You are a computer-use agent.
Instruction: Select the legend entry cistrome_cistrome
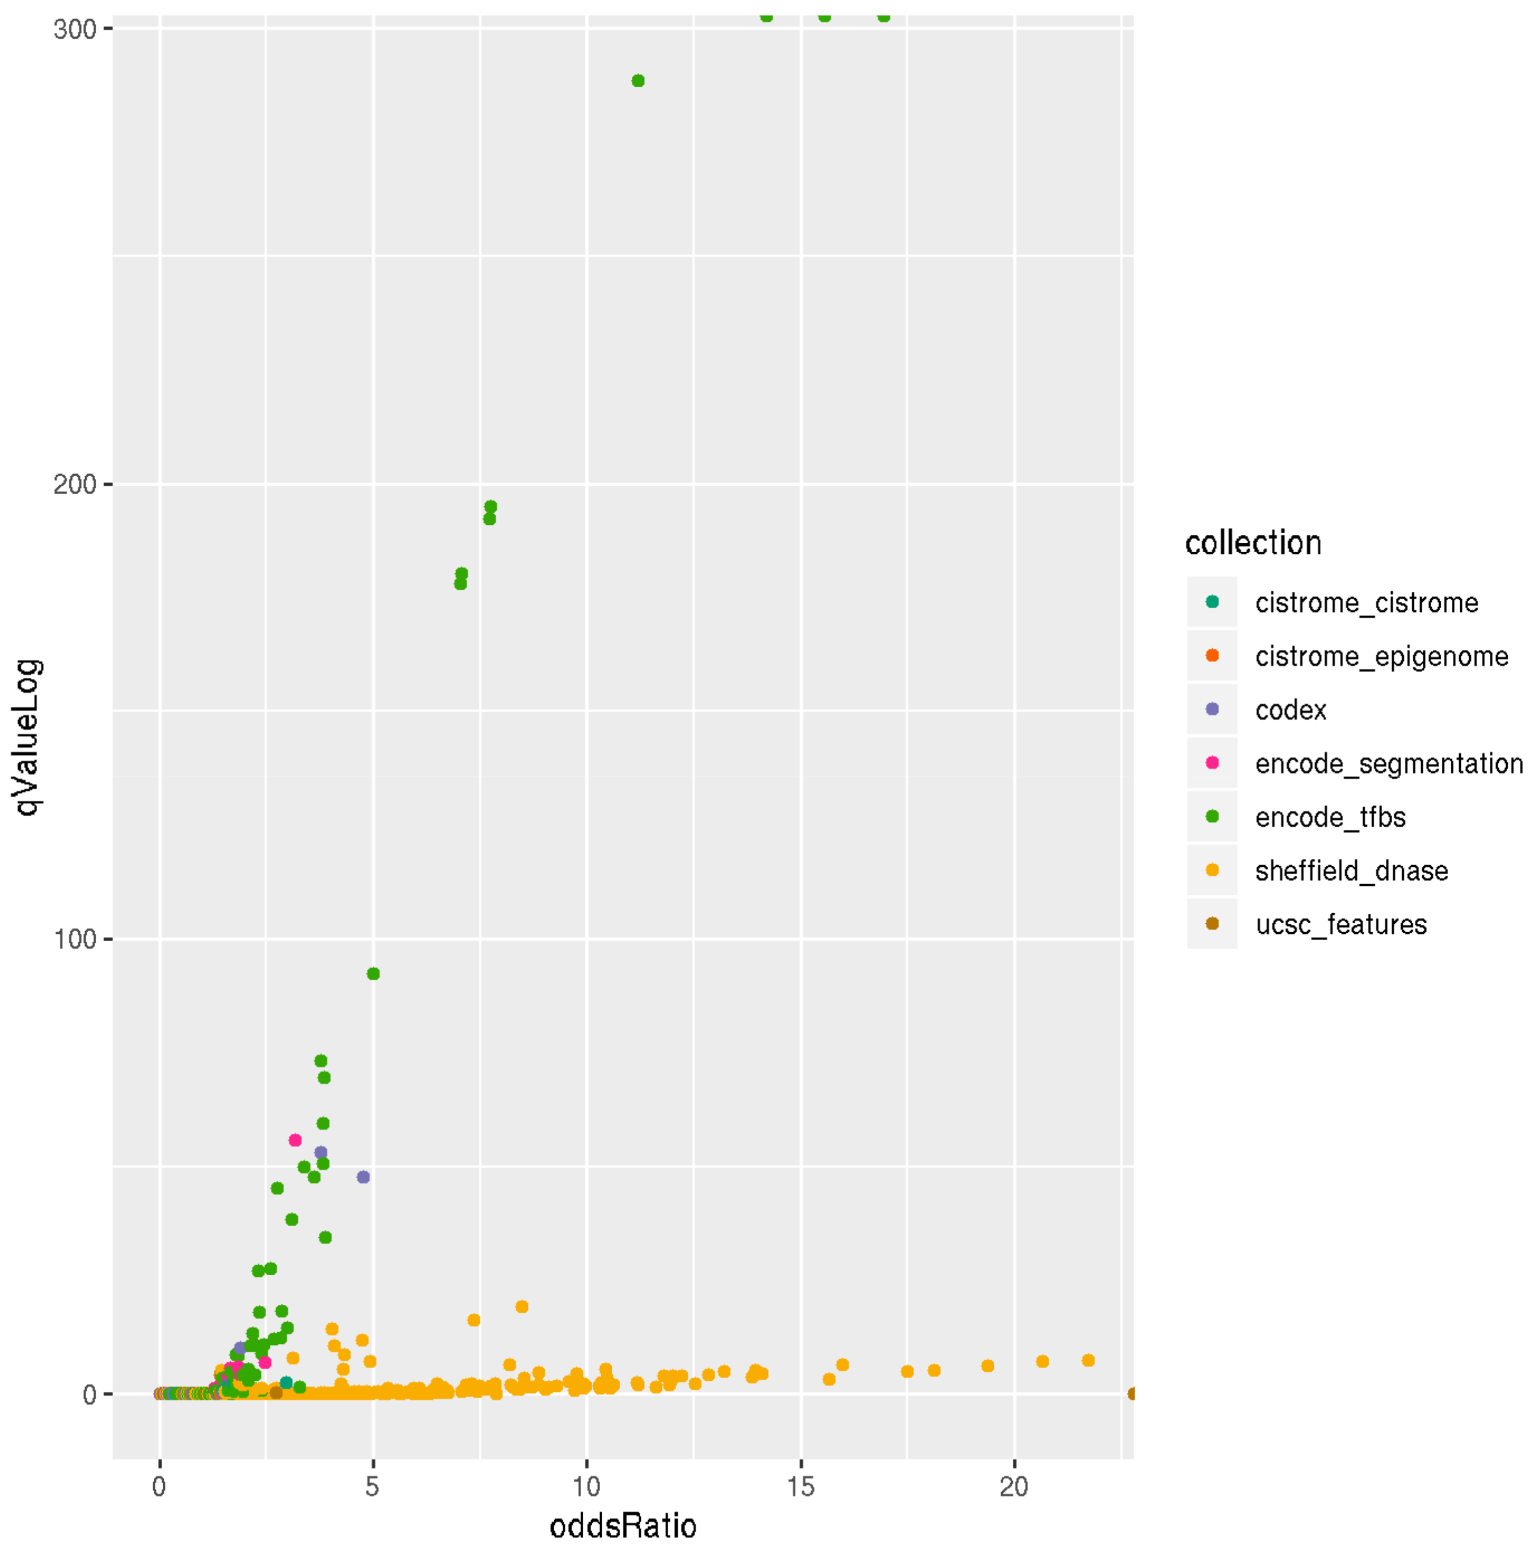(1365, 602)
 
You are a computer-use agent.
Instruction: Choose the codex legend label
(1290, 710)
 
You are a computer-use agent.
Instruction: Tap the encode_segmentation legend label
(1388, 763)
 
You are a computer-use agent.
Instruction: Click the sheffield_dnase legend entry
(1351, 871)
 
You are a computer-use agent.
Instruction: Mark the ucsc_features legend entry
(1340, 924)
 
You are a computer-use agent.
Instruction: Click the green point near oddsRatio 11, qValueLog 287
(638, 81)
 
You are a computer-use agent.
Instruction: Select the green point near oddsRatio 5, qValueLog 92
(373, 974)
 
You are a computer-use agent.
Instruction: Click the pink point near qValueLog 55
(295, 1140)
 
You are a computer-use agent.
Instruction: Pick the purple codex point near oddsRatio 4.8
(363, 1177)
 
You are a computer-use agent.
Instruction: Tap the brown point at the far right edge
(1131, 1394)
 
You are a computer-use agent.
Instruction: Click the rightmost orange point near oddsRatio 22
(1088, 1360)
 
